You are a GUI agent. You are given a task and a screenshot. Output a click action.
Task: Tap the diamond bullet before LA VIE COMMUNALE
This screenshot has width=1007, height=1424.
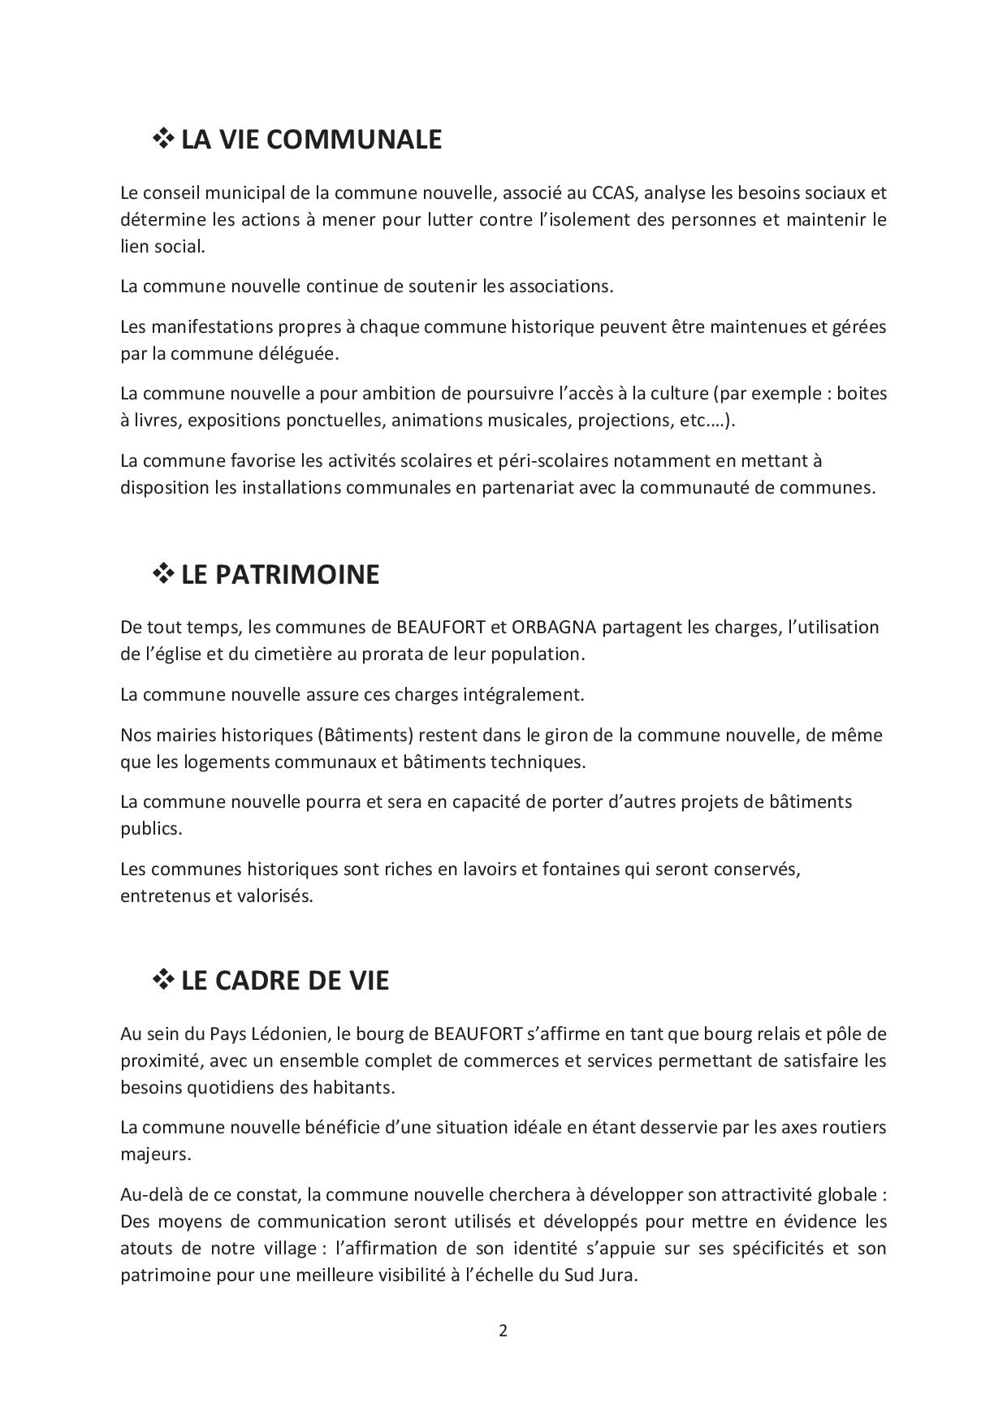coord(163,139)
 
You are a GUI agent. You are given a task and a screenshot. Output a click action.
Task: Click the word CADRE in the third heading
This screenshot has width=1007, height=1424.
coord(259,981)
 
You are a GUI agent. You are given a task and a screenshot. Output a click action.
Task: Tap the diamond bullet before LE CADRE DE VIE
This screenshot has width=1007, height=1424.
coord(163,980)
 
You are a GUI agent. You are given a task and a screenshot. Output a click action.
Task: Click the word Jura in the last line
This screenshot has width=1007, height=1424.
coord(616,1275)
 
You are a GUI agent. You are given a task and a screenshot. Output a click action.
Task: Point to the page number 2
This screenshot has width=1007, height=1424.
coord(503,1331)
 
